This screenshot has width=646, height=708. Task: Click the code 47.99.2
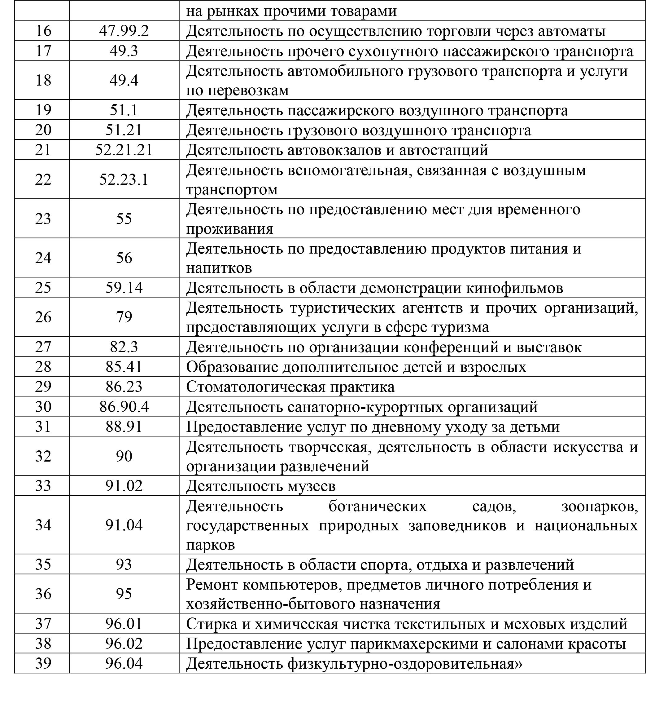[124, 31]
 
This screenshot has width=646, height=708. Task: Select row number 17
[43, 51]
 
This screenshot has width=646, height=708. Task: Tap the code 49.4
[124, 80]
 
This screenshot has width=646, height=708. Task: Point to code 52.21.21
[124, 150]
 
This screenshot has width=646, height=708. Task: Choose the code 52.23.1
[124, 179]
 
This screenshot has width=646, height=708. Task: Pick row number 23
[43, 219]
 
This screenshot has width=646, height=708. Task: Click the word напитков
[219, 268]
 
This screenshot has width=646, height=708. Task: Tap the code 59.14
[124, 288]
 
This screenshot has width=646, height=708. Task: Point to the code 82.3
[124, 347]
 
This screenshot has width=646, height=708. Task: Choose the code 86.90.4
[124, 407]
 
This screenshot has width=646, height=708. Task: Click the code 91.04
[124, 525]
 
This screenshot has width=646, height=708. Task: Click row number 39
[43, 663]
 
